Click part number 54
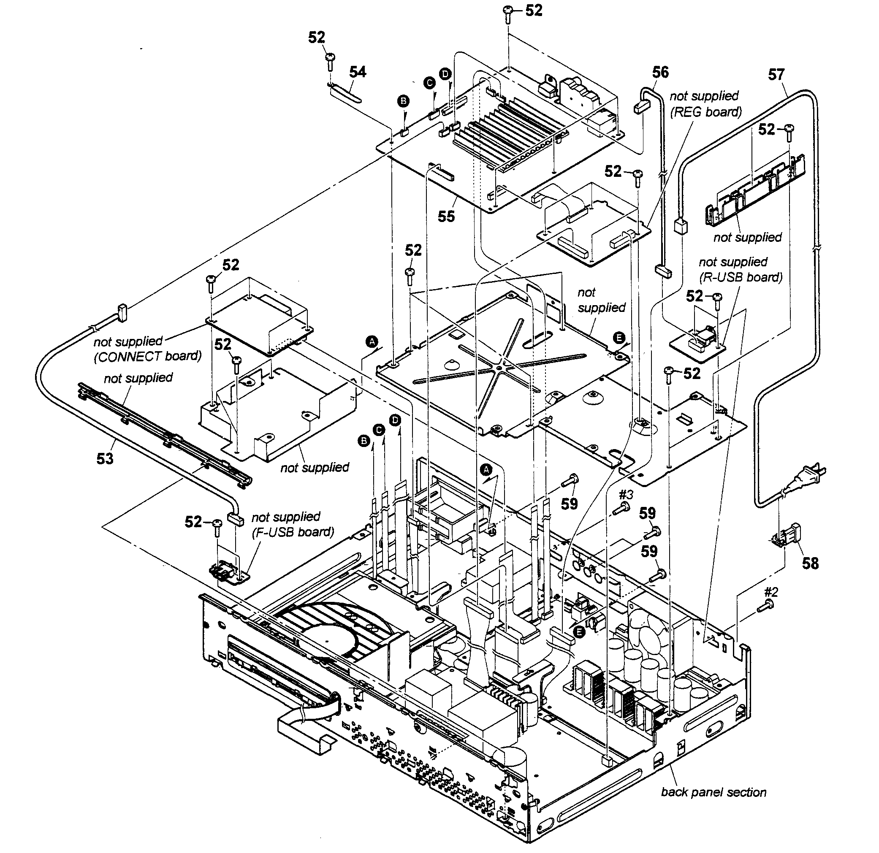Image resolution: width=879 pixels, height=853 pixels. click(x=358, y=72)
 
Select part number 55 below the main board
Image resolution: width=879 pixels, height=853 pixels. click(x=446, y=217)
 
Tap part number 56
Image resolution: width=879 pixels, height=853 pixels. click(x=660, y=72)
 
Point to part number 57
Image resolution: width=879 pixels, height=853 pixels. click(x=776, y=74)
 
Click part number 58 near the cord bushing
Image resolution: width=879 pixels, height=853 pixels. click(x=810, y=563)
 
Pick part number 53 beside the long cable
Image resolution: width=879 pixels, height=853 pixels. click(x=105, y=458)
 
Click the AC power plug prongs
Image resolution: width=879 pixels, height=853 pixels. click(x=817, y=472)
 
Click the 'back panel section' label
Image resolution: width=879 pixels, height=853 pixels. click(x=714, y=792)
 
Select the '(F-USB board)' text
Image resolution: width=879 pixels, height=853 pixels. click(x=293, y=532)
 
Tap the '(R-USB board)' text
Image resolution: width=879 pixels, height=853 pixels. click(x=741, y=277)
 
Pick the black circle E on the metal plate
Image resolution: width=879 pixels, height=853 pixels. click(x=619, y=338)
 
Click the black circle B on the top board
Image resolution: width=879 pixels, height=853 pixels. click(x=403, y=101)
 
